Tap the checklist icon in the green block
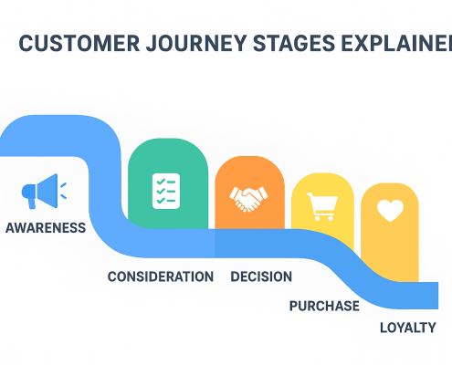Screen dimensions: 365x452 pos(165,189)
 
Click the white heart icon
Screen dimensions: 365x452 pos(390,211)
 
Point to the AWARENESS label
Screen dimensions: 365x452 pos(46,228)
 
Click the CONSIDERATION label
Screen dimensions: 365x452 pos(161,276)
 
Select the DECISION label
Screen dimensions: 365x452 pos(261,276)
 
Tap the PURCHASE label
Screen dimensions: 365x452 pos(324,306)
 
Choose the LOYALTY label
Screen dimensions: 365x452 pos(408,328)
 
